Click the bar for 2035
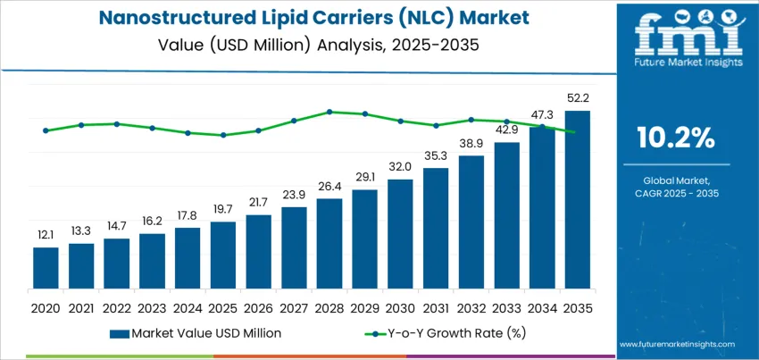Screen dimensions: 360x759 [x=577, y=200]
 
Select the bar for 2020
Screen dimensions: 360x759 [x=46, y=268]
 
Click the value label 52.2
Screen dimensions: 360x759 [x=577, y=97]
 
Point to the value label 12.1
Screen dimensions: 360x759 [x=46, y=234]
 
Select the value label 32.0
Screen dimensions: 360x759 [x=400, y=166]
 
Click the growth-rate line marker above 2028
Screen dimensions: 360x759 [x=329, y=112]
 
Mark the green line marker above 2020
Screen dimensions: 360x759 [x=46, y=130]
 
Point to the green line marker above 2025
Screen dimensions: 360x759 [x=223, y=135]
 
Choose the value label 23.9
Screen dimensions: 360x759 [x=294, y=194]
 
